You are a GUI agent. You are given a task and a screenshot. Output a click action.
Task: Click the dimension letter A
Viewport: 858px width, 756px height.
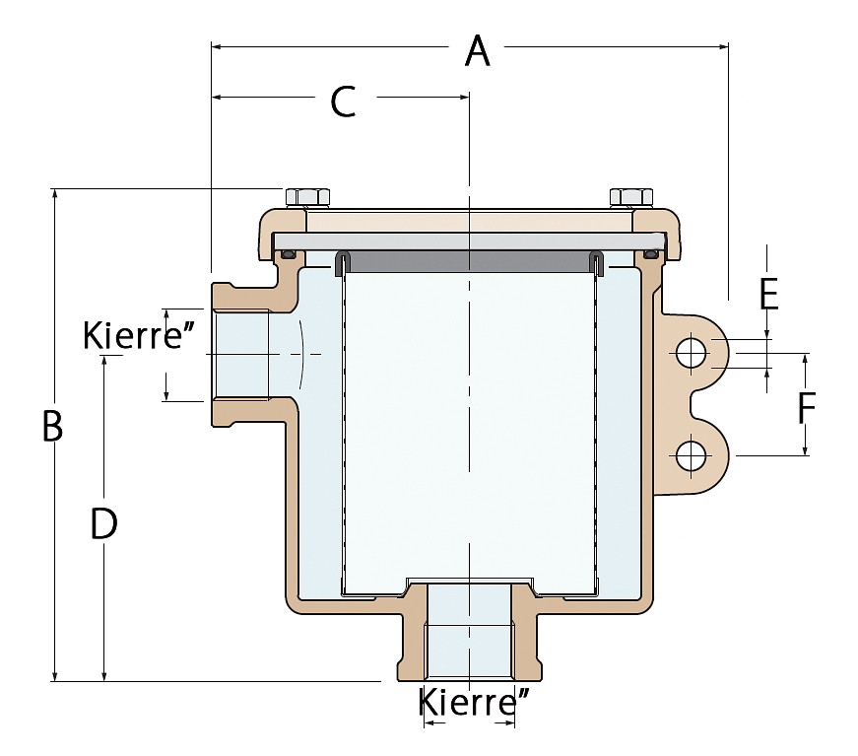(x=477, y=51)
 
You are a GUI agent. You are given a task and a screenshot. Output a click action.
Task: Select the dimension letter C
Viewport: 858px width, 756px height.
(x=343, y=102)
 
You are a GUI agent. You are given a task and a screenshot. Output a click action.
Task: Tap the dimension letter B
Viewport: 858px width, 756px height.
(x=52, y=426)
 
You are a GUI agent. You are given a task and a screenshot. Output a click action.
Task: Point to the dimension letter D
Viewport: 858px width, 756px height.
(x=104, y=522)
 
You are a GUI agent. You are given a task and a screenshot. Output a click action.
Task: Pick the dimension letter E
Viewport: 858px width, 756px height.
(x=768, y=295)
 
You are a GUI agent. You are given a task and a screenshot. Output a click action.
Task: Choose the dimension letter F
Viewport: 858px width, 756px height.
(x=807, y=408)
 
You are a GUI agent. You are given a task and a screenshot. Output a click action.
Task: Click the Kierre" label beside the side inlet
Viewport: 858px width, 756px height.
(x=139, y=334)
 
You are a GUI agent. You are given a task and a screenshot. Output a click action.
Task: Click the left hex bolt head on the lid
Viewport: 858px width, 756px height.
(x=307, y=197)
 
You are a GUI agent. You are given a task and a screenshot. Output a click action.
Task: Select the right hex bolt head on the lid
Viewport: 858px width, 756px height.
(x=630, y=197)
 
